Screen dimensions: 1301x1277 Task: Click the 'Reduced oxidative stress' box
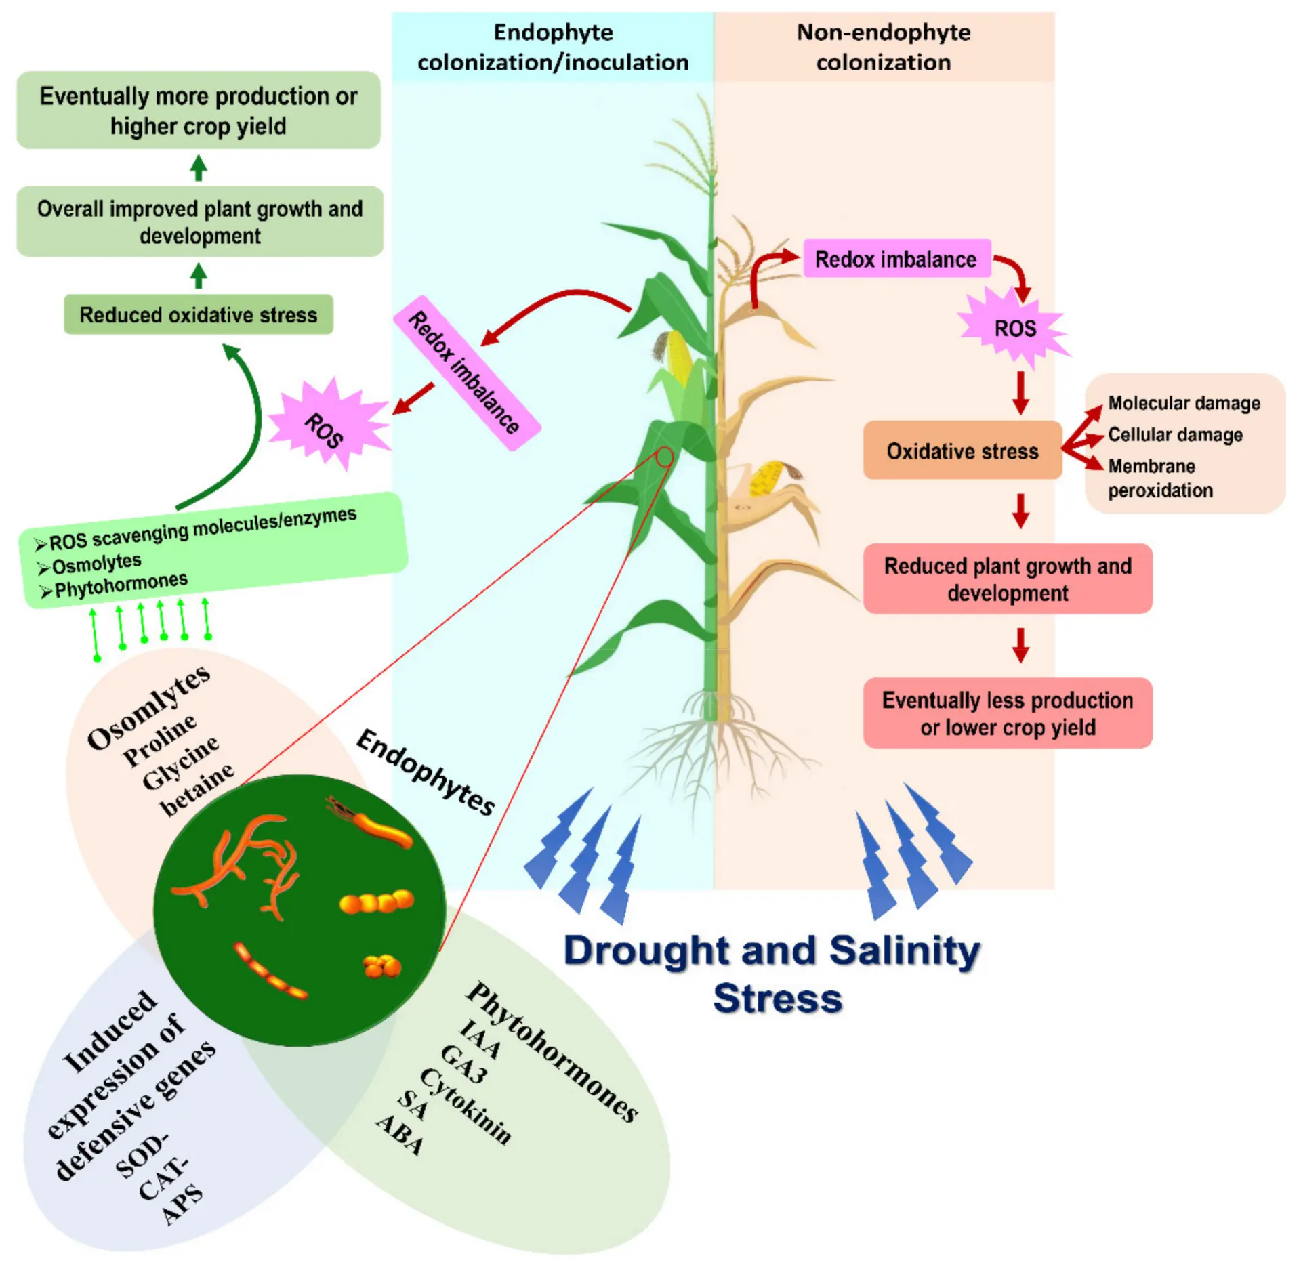(199, 314)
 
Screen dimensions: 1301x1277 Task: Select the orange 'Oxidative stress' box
(962, 451)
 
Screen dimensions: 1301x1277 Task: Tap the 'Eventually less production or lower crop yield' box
(1008, 713)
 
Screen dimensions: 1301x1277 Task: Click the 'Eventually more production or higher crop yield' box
(199, 110)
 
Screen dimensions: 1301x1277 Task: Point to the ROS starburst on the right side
(1014, 328)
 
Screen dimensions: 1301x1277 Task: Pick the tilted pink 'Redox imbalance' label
(467, 373)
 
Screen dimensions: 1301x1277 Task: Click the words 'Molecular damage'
(1184, 403)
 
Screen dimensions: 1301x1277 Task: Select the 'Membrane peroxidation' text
(1160, 478)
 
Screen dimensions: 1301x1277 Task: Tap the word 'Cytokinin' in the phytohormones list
(466, 1106)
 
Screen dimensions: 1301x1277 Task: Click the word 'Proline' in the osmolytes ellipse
(160, 740)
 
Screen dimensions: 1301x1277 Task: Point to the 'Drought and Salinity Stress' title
(773, 974)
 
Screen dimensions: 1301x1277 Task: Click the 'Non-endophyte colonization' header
(884, 47)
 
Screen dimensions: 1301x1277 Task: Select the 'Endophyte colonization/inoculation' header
(553, 47)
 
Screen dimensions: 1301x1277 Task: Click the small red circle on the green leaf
(665, 457)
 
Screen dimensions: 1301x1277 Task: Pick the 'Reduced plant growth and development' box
(1008, 579)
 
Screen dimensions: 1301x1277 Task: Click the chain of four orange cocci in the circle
(376, 902)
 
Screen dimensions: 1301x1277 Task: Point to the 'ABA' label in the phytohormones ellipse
(400, 1135)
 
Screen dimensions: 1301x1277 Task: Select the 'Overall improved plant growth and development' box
(200, 222)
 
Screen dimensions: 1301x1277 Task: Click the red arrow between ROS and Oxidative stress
(1020, 393)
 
